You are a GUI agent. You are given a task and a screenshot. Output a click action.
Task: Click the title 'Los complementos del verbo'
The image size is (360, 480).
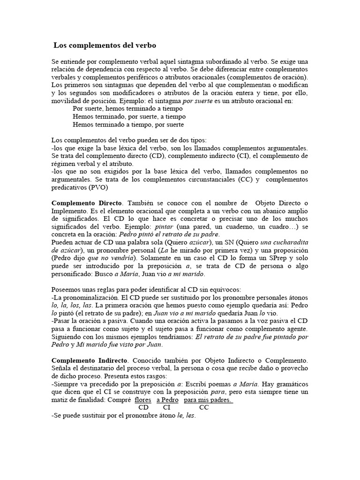pos(105,45)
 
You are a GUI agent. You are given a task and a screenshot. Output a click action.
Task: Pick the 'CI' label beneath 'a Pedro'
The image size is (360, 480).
pos(166,408)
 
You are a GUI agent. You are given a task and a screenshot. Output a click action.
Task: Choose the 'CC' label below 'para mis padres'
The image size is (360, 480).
pos(204,408)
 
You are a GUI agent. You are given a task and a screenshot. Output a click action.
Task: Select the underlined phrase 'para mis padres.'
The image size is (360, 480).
pos(208,400)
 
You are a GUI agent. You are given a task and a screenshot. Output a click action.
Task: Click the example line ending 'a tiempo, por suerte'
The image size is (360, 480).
pos(128,125)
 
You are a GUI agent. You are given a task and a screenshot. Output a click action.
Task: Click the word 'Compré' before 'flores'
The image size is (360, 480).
pos(119,400)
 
